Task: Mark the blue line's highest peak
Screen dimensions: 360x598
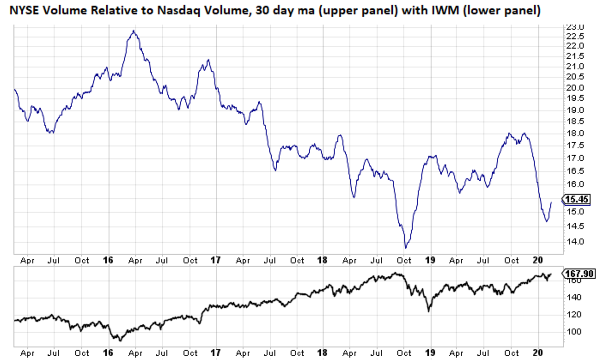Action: point(133,31)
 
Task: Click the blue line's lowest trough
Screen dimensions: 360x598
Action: point(405,248)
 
